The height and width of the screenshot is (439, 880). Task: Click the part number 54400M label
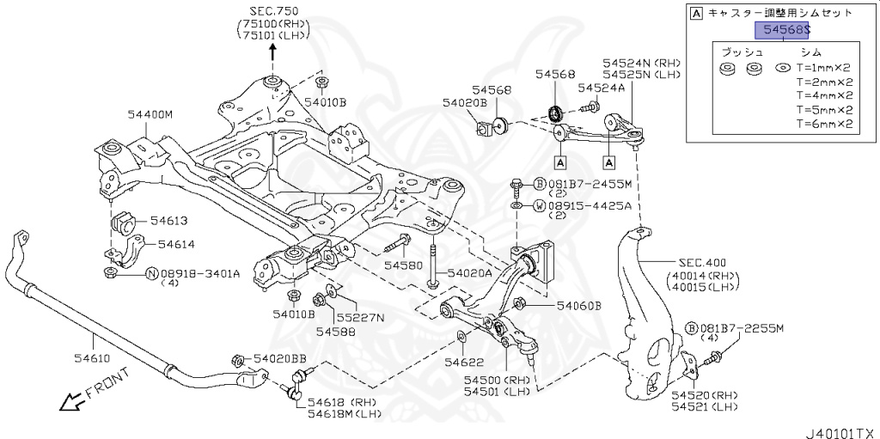point(150,114)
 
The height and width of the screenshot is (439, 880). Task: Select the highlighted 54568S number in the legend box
point(783,30)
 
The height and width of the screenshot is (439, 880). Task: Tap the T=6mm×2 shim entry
point(823,124)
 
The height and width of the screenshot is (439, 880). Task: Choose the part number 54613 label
point(157,221)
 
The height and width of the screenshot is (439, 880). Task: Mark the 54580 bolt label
point(403,265)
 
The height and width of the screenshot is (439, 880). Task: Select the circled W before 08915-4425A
point(539,205)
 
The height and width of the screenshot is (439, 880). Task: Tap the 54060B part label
point(578,306)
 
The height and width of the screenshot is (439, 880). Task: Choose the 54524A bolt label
point(602,88)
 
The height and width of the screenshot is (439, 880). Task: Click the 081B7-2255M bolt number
point(740,327)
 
